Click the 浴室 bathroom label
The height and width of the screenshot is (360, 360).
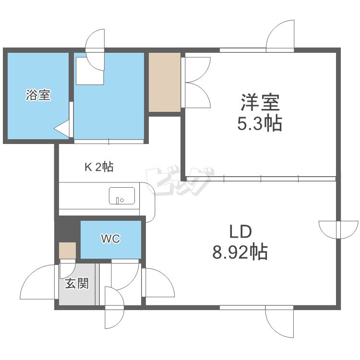click(38, 95)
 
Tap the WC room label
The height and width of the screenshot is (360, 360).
click(110, 239)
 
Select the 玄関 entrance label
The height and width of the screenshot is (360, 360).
click(77, 283)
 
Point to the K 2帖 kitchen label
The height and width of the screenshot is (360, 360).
click(99, 167)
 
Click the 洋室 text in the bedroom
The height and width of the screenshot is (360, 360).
click(260, 102)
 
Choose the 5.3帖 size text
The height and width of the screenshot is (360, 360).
click(259, 123)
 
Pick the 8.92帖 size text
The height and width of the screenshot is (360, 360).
click(240, 252)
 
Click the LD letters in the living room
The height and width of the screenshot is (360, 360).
click(240, 231)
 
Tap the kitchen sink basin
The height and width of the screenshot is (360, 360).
click(122, 196)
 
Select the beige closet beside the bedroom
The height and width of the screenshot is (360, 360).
click(165, 82)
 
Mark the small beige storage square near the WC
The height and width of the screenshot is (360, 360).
click(68, 250)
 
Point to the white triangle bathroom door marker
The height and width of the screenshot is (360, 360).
click(62, 129)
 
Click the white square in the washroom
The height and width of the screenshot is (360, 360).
click(90, 71)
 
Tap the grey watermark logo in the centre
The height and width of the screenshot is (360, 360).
click(180, 181)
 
